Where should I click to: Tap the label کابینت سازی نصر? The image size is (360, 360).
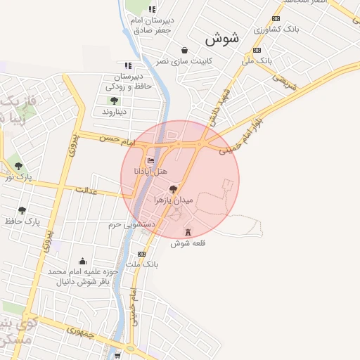tap(163, 62)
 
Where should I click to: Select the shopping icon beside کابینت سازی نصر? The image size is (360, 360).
tap(184, 50)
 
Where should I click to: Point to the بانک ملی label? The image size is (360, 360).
tap(257, 61)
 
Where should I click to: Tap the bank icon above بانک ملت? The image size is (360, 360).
tap(142, 253)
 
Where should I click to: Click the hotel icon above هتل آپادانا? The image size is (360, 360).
tap(150, 160)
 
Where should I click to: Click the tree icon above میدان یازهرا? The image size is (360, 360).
tap(173, 189)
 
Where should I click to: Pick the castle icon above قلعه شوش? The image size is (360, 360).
tap(187, 232)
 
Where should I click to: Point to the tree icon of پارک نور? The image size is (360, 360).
tap(18, 166)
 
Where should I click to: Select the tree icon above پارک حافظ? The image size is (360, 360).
tap(23, 210)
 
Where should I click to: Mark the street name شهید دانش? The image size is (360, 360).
tap(219, 106)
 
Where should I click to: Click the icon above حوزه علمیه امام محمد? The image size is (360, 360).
tap(83, 261)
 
